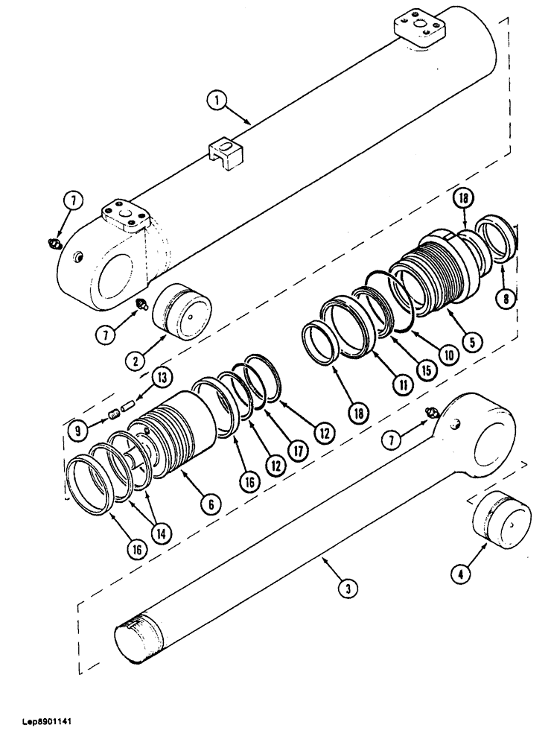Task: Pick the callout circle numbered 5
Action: pyautogui.click(x=471, y=343)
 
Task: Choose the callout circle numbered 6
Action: pyautogui.click(x=211, y=505)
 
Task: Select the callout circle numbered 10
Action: pyautogui.click(x=447, y=355)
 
